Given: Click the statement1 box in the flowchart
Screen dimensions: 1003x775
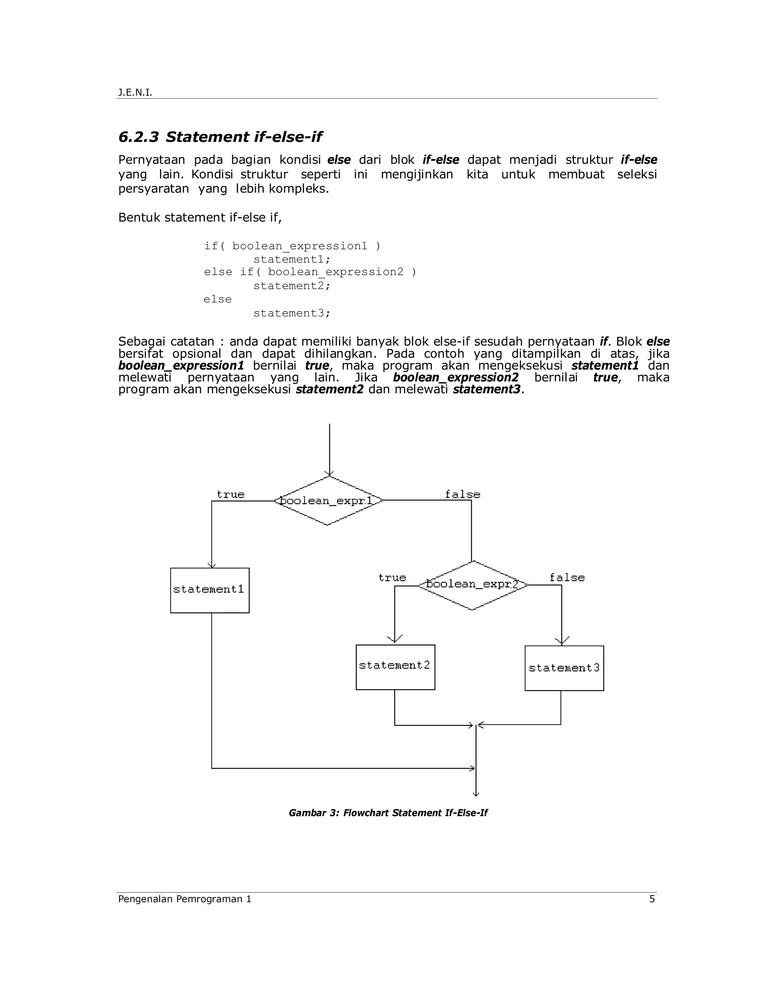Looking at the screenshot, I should point(210,590).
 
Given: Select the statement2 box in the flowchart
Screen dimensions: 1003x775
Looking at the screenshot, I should point(395,667).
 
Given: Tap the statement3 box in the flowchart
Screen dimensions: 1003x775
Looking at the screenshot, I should point(564,668).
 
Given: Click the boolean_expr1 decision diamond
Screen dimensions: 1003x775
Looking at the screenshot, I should point(328,501).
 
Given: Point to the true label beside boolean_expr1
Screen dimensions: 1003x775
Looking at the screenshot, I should point(230,495).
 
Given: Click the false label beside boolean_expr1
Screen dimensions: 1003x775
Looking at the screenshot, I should point(462,495).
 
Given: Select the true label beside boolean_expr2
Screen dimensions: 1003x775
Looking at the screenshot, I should point(392,578).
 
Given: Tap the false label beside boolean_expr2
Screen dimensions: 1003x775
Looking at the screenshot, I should point(567,578).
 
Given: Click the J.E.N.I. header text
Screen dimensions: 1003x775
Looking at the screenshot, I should point(135,93).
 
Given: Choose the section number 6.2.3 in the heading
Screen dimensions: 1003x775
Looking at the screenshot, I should point(139,137).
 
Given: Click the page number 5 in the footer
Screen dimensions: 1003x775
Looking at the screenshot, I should point(652,899).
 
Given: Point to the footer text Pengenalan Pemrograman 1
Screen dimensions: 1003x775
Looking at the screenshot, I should point(185,899).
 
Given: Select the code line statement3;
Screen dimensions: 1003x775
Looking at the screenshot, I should point(292,313).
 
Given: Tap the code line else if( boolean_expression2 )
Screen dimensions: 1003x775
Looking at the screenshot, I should point(310,272).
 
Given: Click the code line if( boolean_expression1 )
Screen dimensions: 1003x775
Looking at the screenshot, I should point(293,246).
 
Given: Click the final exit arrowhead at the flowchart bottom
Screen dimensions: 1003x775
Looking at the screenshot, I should point(476,793).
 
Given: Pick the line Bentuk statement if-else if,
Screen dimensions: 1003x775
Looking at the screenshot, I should point(200,217).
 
